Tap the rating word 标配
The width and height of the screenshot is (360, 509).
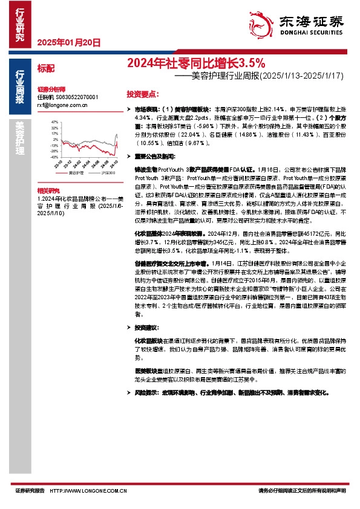point(46,69)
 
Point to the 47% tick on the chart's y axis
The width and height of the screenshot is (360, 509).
point(55,122)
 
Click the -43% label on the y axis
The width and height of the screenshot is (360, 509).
point(54,157)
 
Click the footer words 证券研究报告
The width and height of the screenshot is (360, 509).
point(29,490)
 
